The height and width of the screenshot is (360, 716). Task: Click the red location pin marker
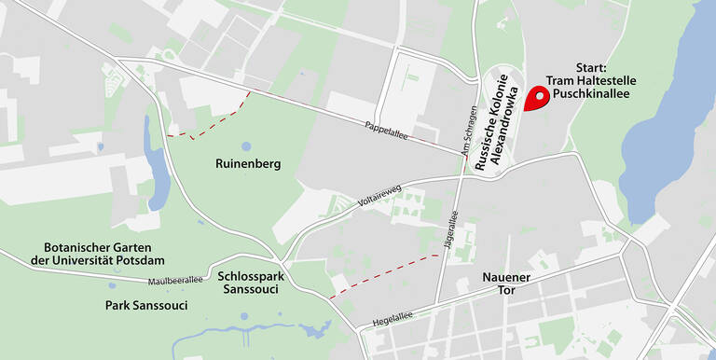pos(536,98)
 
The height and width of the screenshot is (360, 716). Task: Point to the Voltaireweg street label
pos(379,190)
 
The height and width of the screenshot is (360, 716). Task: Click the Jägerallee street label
pos(454,229)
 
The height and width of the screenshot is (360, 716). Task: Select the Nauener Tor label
pos(506,284)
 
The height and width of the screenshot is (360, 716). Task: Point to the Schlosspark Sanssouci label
pos(252,284)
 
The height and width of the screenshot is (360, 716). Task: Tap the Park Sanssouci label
pos(145,305)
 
